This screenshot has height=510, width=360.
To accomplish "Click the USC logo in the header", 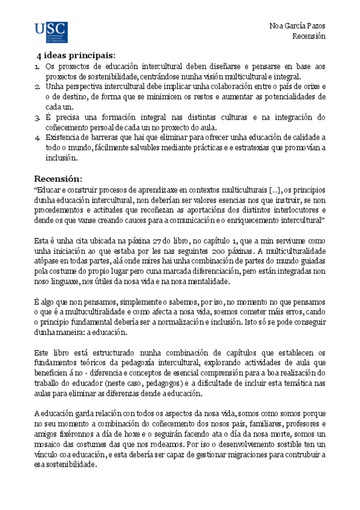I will pyautogui.click(x=51, y=32).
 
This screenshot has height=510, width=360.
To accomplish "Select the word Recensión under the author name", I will pyautogui.click(x=309, y=36).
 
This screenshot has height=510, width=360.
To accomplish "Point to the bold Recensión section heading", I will pyautogui.click(x=60, y=179).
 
